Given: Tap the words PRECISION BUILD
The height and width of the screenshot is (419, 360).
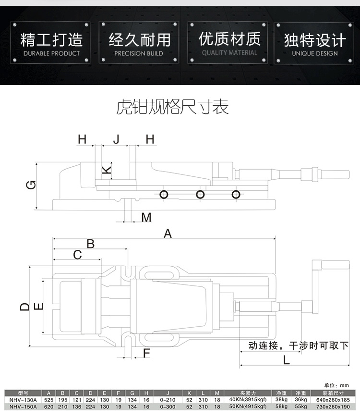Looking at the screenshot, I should pos(139,53).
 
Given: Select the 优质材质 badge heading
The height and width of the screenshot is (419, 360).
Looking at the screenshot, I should pos(229,38).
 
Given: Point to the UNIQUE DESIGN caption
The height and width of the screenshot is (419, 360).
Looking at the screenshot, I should pos(315,53).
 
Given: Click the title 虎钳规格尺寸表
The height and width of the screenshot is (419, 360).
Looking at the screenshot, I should pos(173,107).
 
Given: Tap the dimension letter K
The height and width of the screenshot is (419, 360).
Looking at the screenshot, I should pos(108,169).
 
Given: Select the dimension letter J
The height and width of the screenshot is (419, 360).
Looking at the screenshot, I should pos(116,139).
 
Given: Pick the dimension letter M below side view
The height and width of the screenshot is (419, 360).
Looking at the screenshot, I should pos(146,218).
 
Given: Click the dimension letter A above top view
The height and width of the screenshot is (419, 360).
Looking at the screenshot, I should pos(168,234).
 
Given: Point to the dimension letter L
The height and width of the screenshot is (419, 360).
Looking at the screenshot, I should pos(287,359).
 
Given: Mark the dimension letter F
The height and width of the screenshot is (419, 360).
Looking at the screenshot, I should pos(147,354).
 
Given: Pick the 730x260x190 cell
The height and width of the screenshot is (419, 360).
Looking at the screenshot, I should pos(333,407).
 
